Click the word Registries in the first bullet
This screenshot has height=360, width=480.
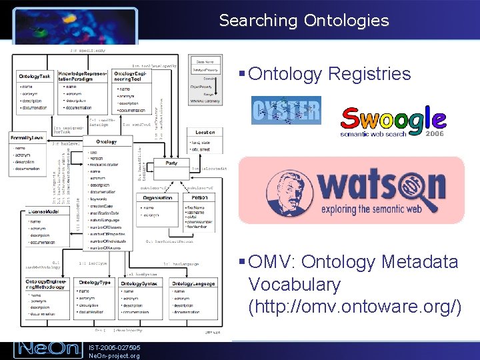click(x=369, y=73)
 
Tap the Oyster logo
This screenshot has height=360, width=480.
click(x=285, y=110)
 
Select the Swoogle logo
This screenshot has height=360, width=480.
click(x=393, y=120)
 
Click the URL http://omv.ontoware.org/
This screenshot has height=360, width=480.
click(x=354, y=307)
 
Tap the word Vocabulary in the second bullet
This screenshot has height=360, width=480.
click(x=294, y=285)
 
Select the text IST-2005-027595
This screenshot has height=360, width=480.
click(x=114, y=346)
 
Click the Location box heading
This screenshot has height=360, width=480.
click(x=205, y=133)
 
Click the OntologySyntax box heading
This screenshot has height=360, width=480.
click(x=138, y=283)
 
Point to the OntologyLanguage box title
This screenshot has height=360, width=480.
click(x=193, y=283)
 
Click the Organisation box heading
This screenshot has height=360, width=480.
click(x=157, y=197)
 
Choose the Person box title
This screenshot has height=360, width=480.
click(x=199, y=197)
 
